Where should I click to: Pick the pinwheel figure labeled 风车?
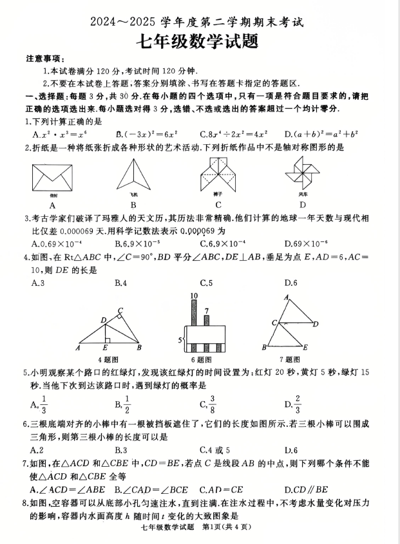[x=301, y=174]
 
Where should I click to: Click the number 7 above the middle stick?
[x=206, y=311]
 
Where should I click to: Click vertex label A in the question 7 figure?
[x=285, y=297]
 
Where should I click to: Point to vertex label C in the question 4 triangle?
[x=120, y=310]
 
